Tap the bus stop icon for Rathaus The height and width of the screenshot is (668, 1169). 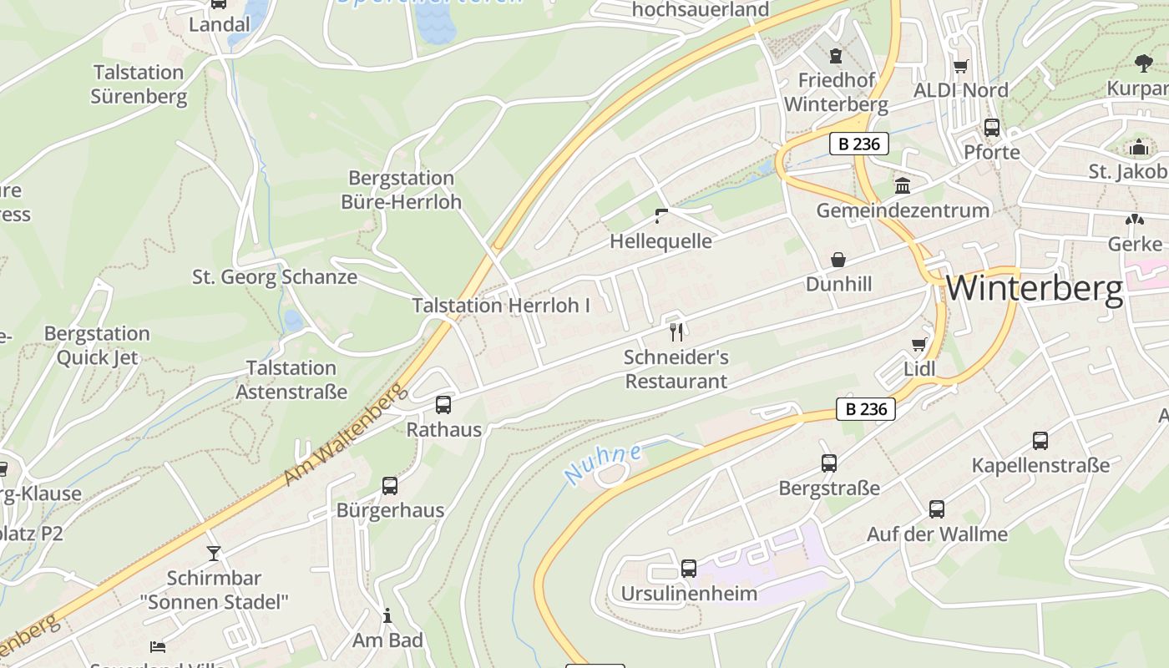(443, 405)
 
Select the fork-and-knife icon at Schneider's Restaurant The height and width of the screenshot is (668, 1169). (676, 331)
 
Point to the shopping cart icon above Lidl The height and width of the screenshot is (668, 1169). (919, 344)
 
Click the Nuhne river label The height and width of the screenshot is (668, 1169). (602, 464)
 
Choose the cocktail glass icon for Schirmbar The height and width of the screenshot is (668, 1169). (214, 553)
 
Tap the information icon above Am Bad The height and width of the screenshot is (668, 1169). (387, 616)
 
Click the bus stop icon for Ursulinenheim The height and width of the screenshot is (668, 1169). (689, 569)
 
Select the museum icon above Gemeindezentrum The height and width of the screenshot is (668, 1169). (903, 185)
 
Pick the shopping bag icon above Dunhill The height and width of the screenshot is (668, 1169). (838, 260)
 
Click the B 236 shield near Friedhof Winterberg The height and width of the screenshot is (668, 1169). (859, 144)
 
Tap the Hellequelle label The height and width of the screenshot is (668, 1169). (660, 241)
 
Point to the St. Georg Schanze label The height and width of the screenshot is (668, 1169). (275, 276)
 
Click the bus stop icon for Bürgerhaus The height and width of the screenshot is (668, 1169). (390, 486)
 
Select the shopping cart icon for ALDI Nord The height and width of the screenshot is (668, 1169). (961, 66)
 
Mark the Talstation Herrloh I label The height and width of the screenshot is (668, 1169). (501, 306)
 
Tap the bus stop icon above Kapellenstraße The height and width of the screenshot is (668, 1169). (1040, 441)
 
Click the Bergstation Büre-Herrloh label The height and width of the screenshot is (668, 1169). (401, 190)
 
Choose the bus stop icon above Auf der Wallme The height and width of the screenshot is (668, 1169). (937, 509)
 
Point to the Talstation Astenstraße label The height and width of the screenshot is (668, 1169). (291, 379)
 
